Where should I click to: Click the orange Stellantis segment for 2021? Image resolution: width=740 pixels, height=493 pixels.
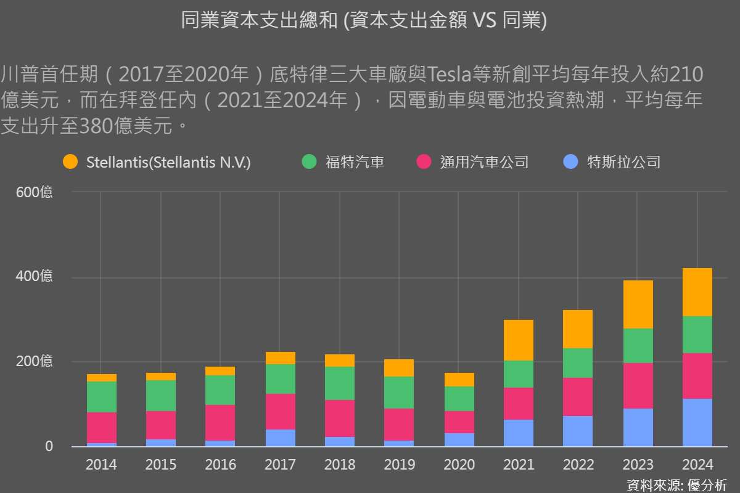tap(519, 340)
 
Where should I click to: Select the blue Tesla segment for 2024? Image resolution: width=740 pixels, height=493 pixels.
tap(697, 423)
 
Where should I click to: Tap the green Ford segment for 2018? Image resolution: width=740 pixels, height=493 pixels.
tap(340, 383)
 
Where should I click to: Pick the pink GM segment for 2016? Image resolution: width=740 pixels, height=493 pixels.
tap(220, 423)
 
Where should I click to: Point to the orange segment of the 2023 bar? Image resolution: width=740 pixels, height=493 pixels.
tap(638, 304)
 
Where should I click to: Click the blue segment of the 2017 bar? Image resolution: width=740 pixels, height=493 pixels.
tap(280, 438)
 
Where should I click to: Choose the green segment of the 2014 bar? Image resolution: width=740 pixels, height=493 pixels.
tap(101, 397)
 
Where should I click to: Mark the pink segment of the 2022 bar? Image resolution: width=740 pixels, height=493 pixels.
tap(578, 397)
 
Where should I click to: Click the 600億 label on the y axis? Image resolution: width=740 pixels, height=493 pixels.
tap(35, 192)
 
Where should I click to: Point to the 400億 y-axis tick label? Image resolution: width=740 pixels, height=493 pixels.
tap(35, 277)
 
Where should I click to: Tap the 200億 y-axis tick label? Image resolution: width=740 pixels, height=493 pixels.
tap(35, 362)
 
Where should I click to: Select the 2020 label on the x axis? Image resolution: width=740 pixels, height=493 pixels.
tap(459, 465)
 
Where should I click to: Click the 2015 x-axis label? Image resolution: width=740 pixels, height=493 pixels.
tap(160, 465)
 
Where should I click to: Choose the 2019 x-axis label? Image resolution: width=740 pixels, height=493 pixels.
tap(399, 465)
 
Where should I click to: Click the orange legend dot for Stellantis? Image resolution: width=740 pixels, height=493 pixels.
tap(70, 162)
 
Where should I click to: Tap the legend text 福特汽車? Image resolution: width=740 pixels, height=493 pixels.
tap(355, 162)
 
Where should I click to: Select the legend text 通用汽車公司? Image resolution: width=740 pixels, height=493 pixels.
tap(484, 162)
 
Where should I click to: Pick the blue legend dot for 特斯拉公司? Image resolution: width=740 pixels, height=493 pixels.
tap(571, 162)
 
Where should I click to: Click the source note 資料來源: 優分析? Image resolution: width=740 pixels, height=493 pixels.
tap(676, 484)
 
